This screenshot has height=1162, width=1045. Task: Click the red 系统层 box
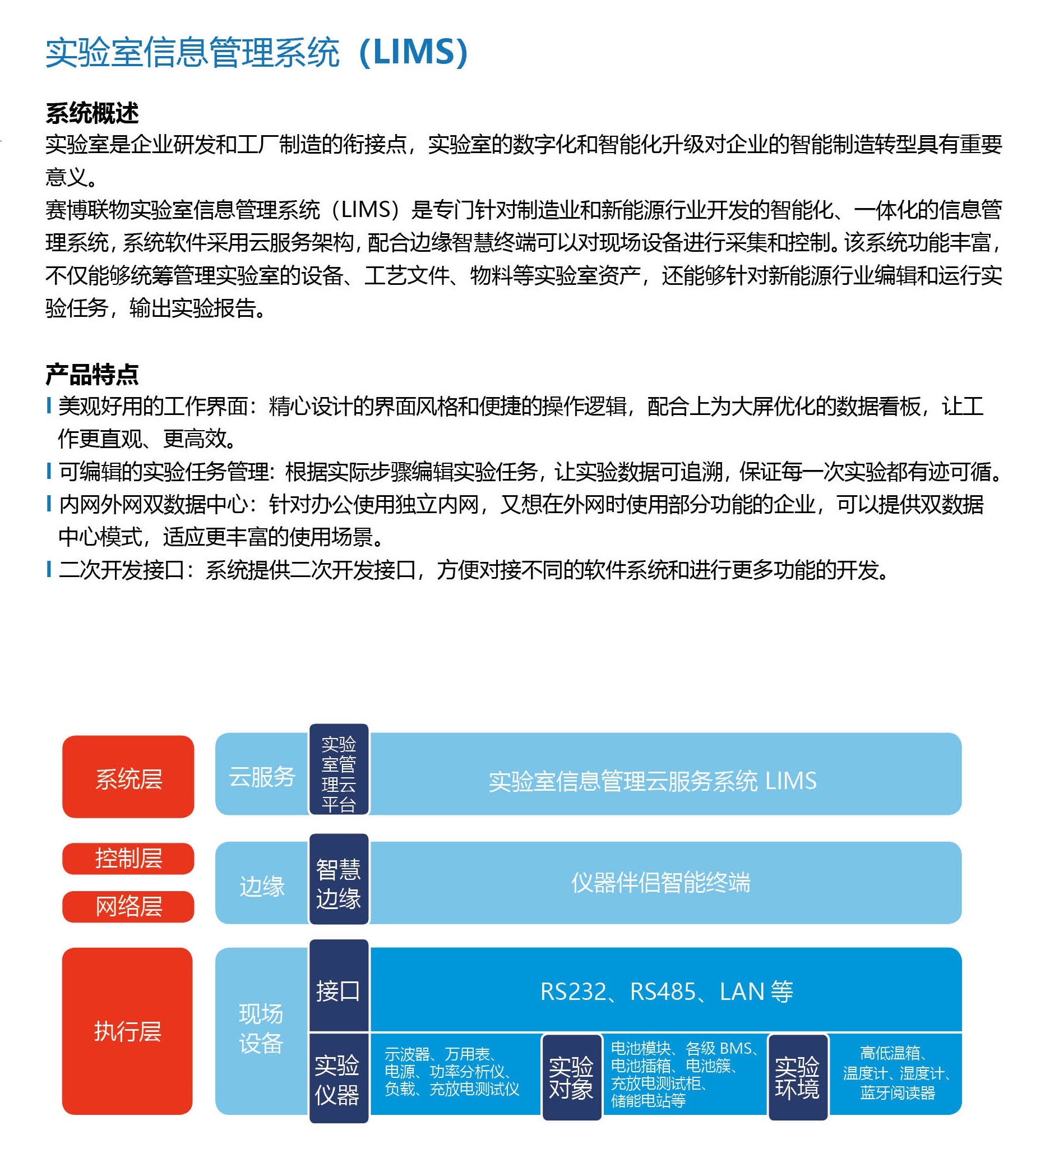[128, 777]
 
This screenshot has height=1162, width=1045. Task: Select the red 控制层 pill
[128, 858]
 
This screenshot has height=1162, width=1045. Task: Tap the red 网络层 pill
[128, 906]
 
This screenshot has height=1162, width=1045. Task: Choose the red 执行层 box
[127, 1031]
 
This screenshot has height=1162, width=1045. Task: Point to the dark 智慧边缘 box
[339, 879]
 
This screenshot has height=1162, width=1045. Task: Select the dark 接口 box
[339, 986]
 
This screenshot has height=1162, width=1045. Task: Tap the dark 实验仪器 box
[339, 1077]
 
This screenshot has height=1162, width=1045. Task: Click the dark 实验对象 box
[571, 1077]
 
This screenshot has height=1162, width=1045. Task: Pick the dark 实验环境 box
[797, 1077]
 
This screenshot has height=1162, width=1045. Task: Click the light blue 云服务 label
[262, 777]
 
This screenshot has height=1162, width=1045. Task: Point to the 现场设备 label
[261, 1028]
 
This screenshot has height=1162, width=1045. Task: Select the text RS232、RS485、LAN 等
[666, 992]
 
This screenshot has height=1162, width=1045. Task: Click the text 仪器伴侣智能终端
[660, 882]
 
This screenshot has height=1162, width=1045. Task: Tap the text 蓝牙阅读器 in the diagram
[897, 1092]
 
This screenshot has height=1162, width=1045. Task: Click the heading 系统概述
[92, 113]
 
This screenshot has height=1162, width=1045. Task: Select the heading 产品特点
[92, 374]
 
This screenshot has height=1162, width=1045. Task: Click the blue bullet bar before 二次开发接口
[49, 569]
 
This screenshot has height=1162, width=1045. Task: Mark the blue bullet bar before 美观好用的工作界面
[49, 405]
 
